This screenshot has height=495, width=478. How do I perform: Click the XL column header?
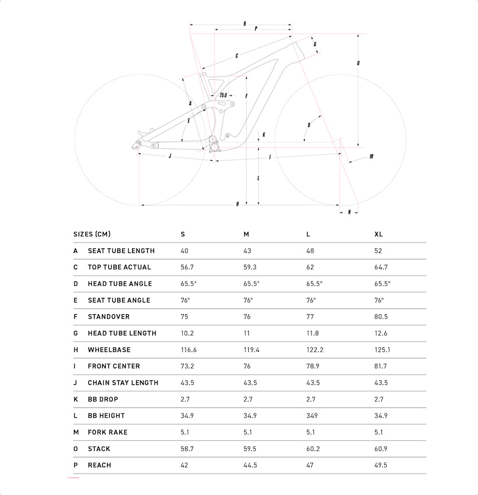pos(379,234)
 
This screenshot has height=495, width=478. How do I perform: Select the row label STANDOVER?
pos(109,317)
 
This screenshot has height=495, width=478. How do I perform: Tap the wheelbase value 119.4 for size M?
pos(251,350)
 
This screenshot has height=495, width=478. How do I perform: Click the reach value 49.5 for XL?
pos(381,465)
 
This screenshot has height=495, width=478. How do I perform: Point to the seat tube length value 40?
pos(185,251)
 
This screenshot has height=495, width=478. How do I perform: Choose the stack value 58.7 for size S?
pos(187,449)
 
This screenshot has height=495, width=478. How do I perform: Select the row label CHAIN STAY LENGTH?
pos(123,383)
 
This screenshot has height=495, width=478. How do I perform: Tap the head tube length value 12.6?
pos(381,333)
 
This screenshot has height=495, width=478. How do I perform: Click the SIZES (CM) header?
pos(92,234)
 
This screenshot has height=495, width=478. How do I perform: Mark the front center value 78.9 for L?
pos(313,366)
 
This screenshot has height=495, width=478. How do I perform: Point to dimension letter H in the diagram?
pos(238,204)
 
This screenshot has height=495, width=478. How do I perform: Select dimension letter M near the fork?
pos(371,156)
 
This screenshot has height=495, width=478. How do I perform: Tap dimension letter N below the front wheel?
pos(349,212)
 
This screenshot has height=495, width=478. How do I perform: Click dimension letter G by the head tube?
pos(315,44)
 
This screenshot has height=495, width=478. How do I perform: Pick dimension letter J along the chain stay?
pos(169,156)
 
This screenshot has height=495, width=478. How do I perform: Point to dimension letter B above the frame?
pos(245,24)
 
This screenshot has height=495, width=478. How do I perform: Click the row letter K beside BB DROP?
pos(76,400)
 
